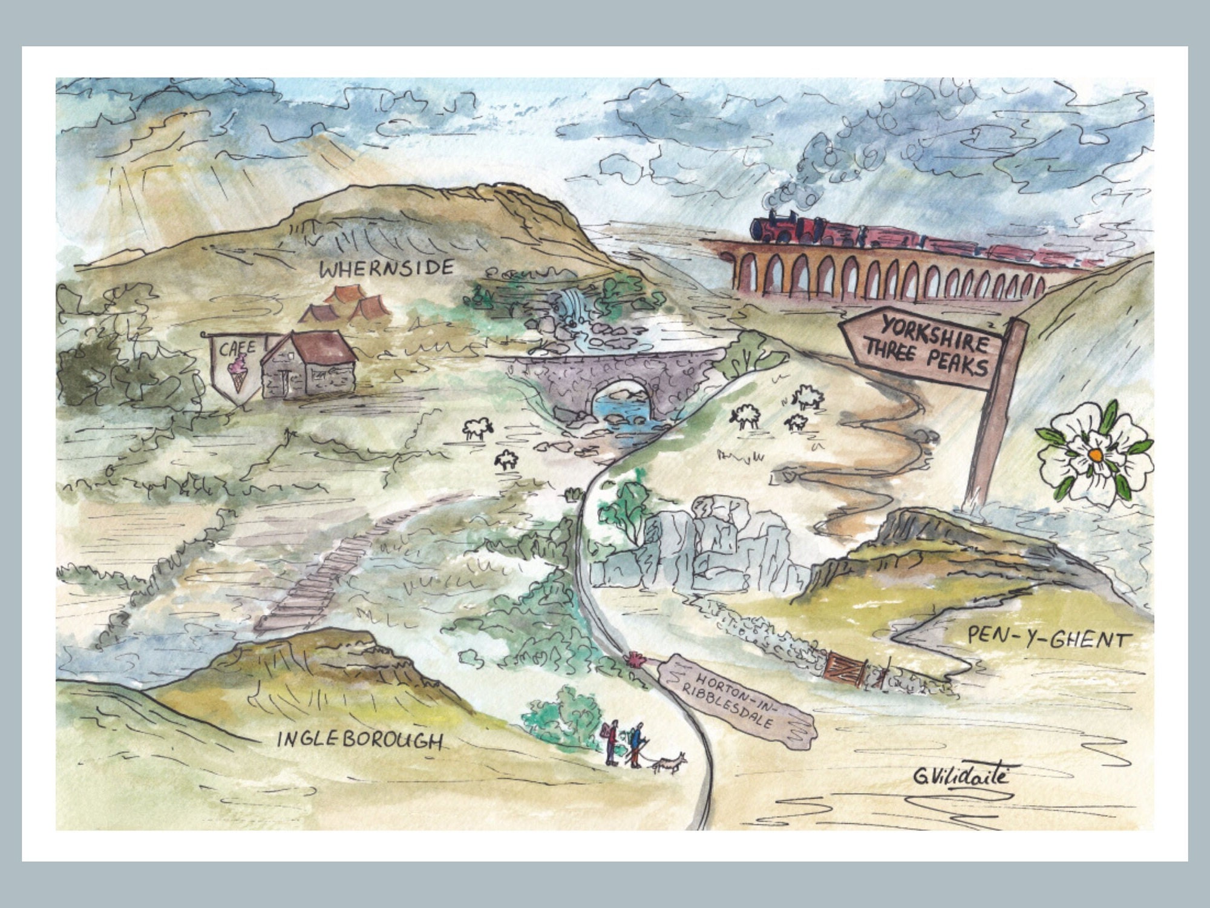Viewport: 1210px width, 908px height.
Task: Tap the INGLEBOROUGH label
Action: click(x=359, y=740)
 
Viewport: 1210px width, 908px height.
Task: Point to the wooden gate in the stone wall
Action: click(x=847, y=668)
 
